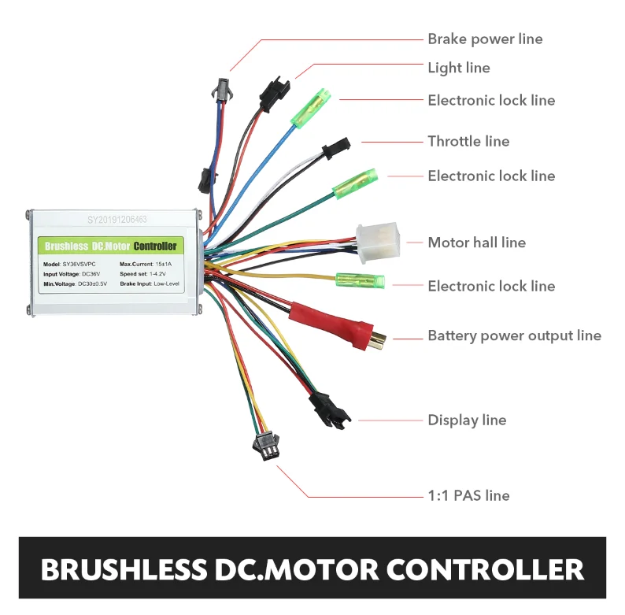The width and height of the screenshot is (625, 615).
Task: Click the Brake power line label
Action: click(485, 39)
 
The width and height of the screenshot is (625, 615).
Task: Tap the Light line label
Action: click(459, 68)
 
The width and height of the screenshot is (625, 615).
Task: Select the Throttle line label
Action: click(468, 141)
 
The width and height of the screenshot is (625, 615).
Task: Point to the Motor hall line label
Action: click(476, 243)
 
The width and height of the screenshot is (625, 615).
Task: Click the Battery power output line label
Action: click(514, 335)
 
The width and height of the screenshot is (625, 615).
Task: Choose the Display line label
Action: click(467, 420)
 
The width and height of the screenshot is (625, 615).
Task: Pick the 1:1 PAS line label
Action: click(468, 495)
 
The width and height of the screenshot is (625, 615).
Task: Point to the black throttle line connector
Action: click(335, 147)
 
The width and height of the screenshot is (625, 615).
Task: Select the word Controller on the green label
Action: click(155, 246)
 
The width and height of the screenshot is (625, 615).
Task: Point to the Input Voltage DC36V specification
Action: click(72, 273)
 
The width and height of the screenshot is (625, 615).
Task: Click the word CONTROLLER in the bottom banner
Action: click(481, 569)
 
